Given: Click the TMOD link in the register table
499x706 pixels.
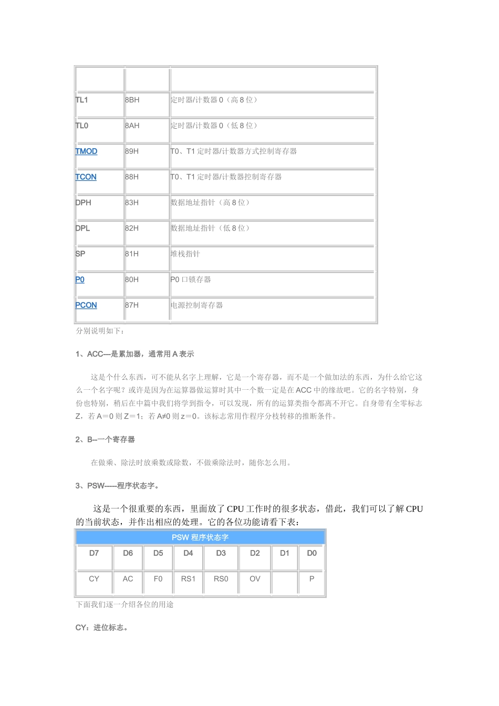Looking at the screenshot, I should tap(86, 151).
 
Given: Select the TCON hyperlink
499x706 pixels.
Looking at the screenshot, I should tap(86, 177).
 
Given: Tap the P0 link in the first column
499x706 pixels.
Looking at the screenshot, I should tap(80, 279).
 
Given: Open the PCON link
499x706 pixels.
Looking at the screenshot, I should tap(86, 305).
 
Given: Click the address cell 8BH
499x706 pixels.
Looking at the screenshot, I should tap(132, 100).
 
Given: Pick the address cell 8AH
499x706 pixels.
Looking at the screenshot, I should tap(132, 126).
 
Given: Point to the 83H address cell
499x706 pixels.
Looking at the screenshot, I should tap(132, 203).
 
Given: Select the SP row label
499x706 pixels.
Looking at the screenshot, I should tap(80, 254).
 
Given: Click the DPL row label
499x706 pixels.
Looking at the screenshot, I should tap(82, 228).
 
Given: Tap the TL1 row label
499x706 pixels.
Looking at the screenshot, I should tap(82, 100).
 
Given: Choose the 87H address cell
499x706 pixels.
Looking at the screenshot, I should tap(132, 305).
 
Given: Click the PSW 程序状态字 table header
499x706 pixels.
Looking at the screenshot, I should tap(200, 537).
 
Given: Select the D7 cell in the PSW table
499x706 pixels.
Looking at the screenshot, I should tap(94, 553).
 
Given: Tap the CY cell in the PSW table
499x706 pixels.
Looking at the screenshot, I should tap(94, 579).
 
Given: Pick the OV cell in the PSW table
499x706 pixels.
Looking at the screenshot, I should tap(255, 579).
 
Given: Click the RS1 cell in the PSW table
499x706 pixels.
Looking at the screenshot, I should tap(188, 579).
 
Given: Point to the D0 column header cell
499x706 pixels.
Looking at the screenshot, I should tap(311, 553).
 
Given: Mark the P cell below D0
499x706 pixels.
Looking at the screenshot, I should tap(311, 579).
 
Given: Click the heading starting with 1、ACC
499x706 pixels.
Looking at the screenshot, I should tap(134, 354).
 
